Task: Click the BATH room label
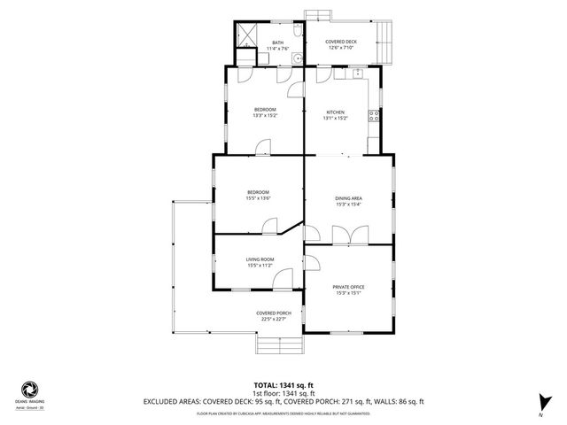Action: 278,42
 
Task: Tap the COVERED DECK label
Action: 341,41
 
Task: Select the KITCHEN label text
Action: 335,112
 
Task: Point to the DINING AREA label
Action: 347,198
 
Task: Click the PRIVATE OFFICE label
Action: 348,287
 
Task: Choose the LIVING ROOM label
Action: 259,259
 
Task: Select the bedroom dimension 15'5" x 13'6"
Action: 258,198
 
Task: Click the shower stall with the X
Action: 246,37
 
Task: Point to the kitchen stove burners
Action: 377,115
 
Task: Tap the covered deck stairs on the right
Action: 384,40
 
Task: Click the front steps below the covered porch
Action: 272,344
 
